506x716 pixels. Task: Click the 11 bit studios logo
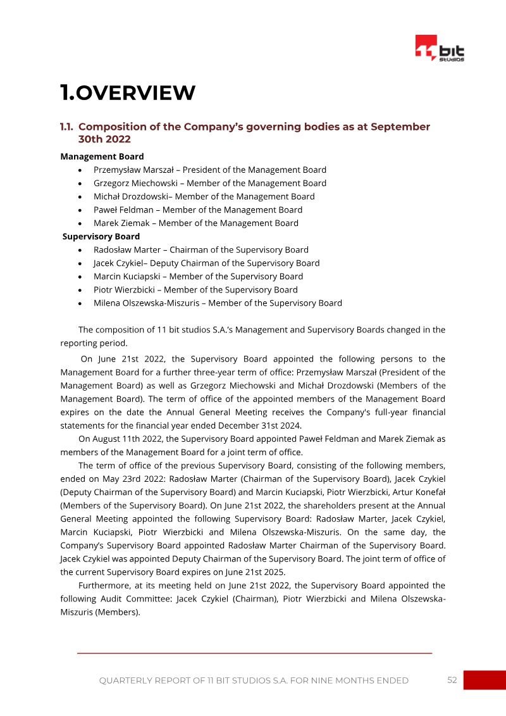440,49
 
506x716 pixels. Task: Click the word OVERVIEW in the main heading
135,93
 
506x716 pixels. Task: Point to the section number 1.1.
67,127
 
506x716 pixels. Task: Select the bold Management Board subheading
102,156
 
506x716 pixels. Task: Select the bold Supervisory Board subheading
101,236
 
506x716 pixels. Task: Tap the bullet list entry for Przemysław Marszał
209,170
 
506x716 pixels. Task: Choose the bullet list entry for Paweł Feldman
197,210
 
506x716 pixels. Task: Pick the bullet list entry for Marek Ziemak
195,223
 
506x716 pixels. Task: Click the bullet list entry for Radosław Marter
201,249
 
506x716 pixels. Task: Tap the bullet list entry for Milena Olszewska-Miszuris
218,303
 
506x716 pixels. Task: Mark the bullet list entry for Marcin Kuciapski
198,276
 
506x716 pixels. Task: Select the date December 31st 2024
245,425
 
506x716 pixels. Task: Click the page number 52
452,680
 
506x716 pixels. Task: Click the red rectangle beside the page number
484,680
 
